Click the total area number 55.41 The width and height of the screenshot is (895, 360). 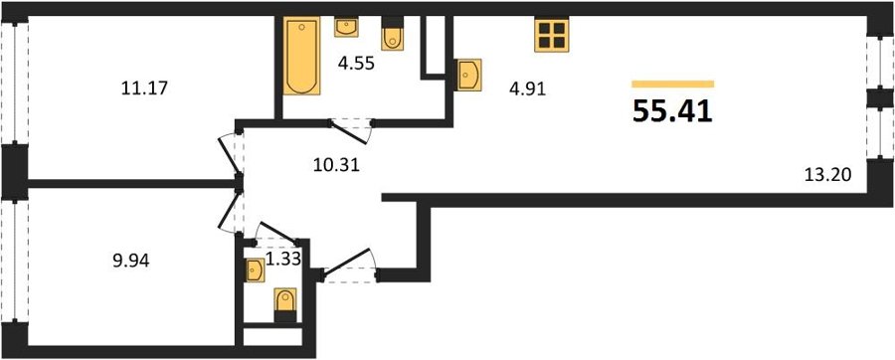(x=672, y=111)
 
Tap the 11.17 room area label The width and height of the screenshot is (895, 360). (x=144, y=89)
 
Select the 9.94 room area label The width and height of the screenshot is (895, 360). (x=130, y=262)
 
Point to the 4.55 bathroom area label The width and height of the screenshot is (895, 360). (x=356, y=64)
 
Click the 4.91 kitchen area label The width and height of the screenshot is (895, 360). (x=528, y=90)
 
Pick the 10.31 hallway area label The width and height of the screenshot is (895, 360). (x=336, y=165)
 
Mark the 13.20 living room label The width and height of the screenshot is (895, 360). (x=827, y=175)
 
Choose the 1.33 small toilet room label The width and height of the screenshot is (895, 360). (x=283, y=261)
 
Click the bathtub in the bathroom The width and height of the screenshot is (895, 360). (x=301, y=57)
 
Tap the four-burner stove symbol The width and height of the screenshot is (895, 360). (x=551, y=35)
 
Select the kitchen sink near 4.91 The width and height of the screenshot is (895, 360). (x=469, y=75)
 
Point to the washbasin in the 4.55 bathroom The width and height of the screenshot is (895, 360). (x=346, y=27)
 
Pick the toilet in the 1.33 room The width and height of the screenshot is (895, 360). (x=285, y=305)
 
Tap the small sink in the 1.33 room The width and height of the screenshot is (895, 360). (x=255, y=270)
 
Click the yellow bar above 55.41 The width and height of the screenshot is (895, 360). (x=673, y=85)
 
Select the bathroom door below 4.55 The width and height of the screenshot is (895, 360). (x=350, y=130)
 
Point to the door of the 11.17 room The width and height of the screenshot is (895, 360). (x=231, y=156)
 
